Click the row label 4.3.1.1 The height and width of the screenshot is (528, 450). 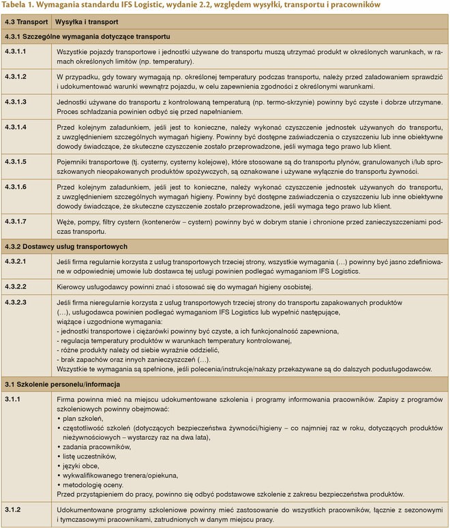[x=15, y=51]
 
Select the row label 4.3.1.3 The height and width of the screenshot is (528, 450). [x=15, y=102]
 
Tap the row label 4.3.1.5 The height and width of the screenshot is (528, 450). [x=15, y=161]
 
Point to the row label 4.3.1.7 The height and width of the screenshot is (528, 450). [x=15, y=221]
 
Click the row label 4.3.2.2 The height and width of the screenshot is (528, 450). [x=15, y=287]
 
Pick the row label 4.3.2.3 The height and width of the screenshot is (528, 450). [x=15, y=302]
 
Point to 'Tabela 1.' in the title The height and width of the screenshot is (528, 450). [x=21, y=6]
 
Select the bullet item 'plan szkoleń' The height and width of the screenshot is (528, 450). [x=83, y=418]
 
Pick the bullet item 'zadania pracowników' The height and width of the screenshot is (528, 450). [x=97, y=446]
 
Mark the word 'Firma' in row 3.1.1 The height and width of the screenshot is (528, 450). [x=67, y=398]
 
